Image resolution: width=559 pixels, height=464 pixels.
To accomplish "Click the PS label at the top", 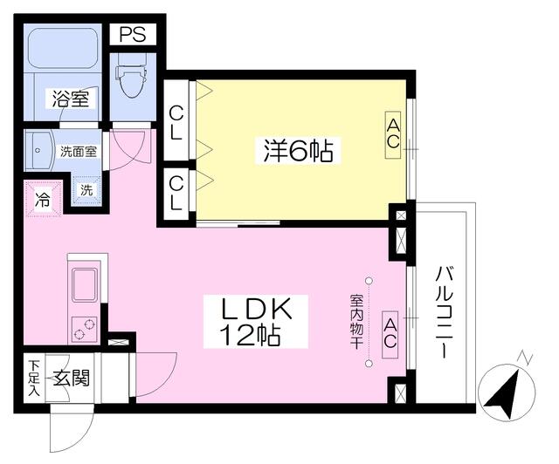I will [134, 35].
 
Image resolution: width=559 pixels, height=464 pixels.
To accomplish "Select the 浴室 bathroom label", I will [69, 98].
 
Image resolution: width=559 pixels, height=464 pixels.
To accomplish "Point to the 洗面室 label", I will [79, 150].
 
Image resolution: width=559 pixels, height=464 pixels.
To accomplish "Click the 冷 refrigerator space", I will [42, 198].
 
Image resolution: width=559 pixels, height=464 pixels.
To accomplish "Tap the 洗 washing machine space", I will [86, 190].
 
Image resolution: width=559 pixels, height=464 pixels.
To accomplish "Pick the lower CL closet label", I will [177, 191].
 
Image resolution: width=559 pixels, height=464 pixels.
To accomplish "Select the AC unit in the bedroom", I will [394, 134].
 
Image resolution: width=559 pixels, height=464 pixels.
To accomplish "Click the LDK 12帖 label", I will [253, 321].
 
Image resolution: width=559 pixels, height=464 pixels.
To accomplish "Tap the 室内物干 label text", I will [355, 321].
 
